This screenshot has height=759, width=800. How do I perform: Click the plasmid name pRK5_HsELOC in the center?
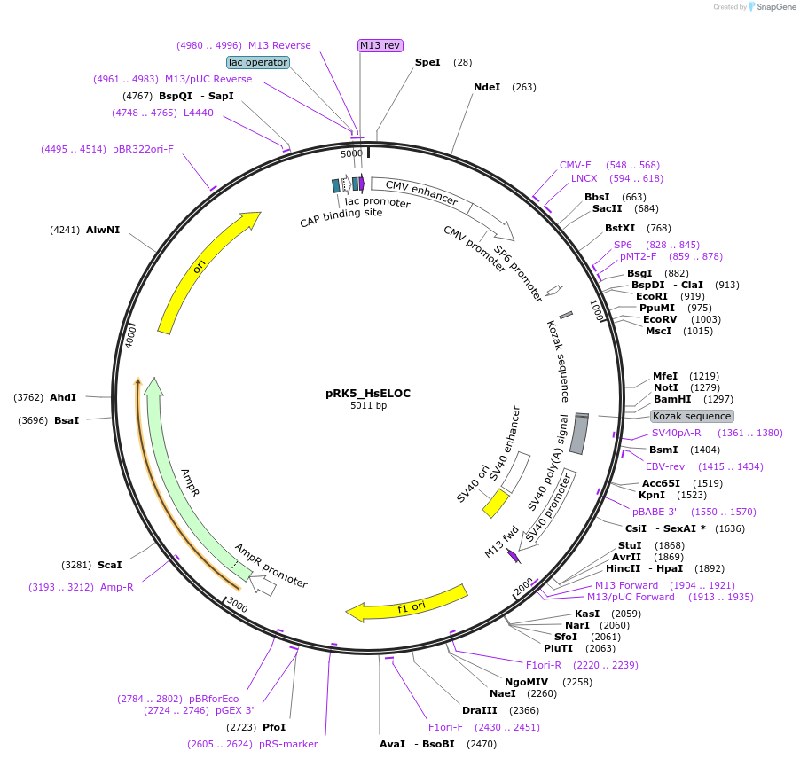[x=368, y=393]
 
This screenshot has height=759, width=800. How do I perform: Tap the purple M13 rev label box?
[x=380, y=45]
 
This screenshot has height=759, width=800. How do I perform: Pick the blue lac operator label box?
[x=258, y=62]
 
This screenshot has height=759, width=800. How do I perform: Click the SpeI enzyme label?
[x=427, y=62]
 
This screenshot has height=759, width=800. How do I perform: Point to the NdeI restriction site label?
[x=487, y=87]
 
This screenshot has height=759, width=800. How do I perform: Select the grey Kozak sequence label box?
[x=692, y=416]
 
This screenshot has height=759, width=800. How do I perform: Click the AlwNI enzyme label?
[x=103, y=230]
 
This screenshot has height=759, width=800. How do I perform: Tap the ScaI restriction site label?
[x=110, y=564]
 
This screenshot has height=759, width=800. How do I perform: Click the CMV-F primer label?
[x=575, y=165]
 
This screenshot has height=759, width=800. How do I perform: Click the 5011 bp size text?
[x=368, y=406]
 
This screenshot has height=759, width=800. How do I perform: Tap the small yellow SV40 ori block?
[x=495, y=503]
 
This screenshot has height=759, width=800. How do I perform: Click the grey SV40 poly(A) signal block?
[x=579, y=434]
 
